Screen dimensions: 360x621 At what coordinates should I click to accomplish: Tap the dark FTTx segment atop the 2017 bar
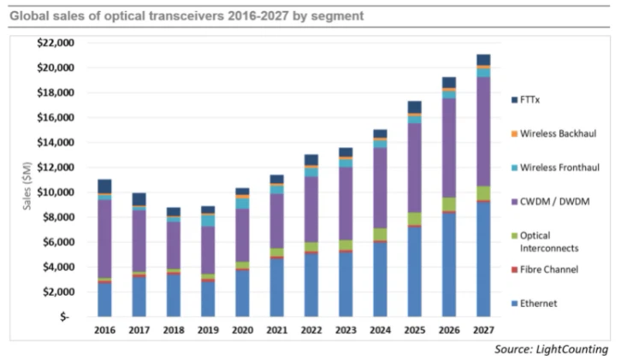tap(139, 199)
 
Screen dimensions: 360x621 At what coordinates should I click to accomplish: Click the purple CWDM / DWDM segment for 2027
tap(483, 132)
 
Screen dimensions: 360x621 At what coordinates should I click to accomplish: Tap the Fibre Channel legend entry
tap(551, 269)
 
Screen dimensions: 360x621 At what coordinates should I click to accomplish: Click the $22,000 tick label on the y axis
tap(55, 43)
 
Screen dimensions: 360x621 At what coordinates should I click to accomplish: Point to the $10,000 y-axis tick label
tap(55, 192)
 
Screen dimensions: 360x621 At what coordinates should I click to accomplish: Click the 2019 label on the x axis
tap(208, 329)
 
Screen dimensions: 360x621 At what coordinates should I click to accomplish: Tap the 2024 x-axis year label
tap(380, 329)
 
